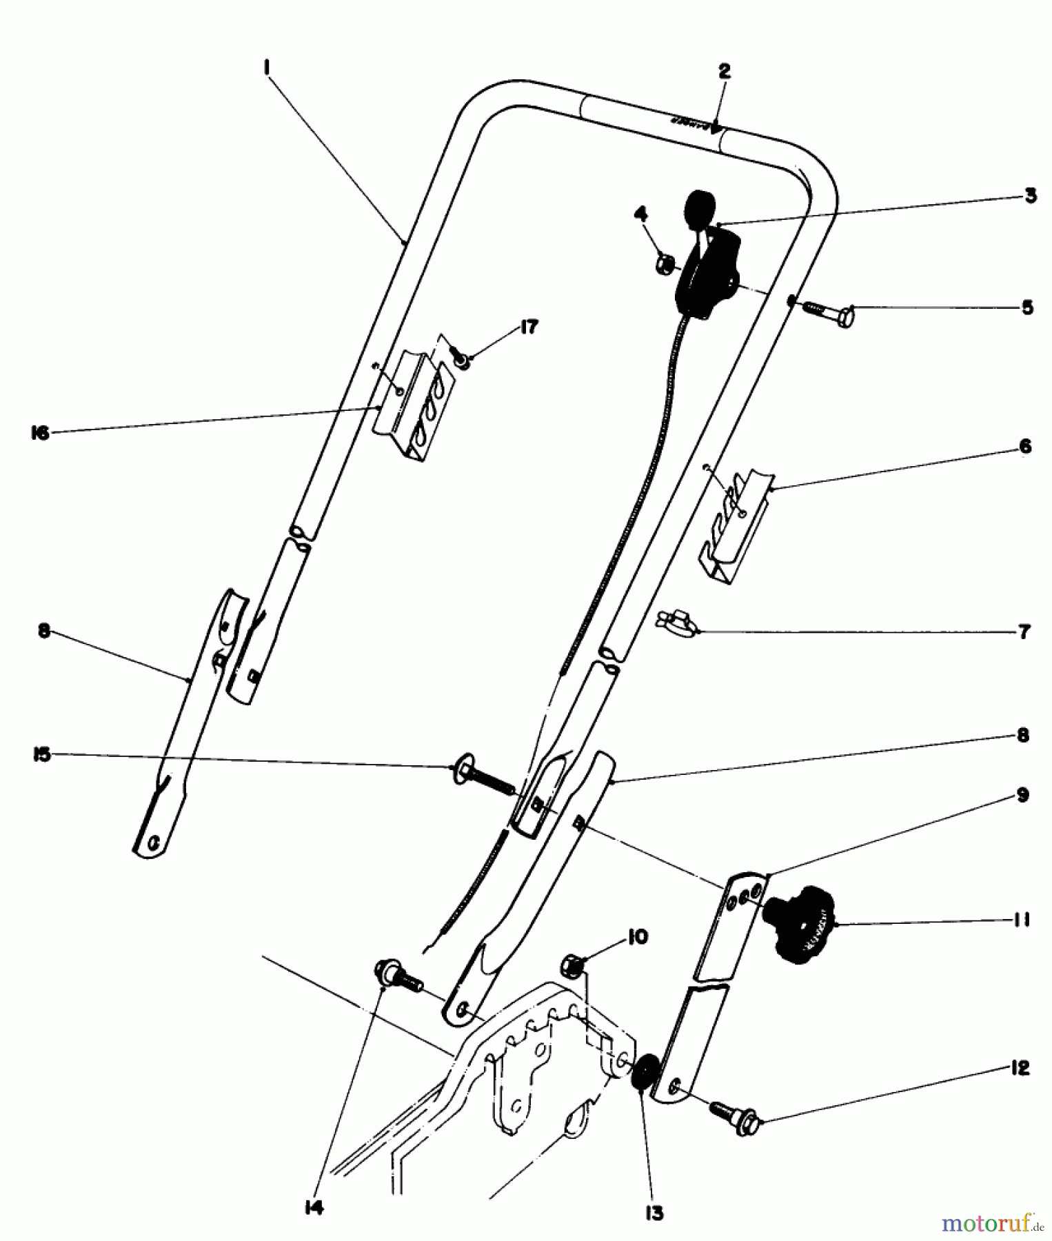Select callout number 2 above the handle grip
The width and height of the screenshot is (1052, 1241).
pos(723,71)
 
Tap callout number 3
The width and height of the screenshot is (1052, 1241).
pos(1030,196)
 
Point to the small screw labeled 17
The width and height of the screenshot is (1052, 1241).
pos(460,358)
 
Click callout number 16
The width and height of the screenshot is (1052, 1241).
pos(41,433)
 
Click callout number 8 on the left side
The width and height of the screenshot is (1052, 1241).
pos(44,632)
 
